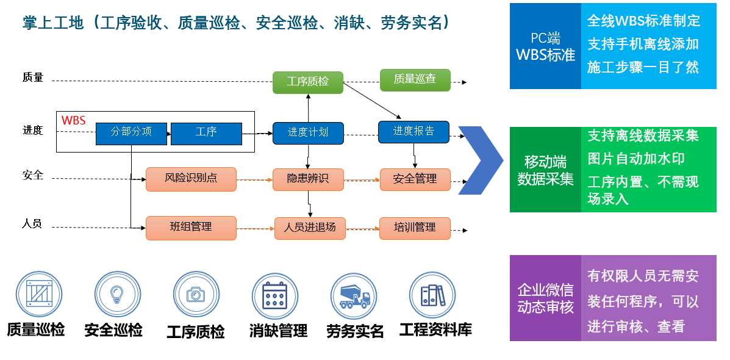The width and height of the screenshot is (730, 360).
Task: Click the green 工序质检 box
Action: click(307, 82)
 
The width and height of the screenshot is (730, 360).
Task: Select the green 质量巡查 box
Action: click(415, 79)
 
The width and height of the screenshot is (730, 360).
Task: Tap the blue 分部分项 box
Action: click(131, 132)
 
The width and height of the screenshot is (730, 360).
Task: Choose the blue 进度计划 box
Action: click(307, 132)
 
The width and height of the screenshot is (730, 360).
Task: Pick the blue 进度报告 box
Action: click(413, 131)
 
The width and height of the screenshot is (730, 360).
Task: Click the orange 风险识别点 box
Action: click(191, 179)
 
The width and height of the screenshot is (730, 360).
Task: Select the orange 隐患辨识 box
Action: click(307, 179)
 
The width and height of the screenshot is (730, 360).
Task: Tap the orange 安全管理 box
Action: click(415, 179)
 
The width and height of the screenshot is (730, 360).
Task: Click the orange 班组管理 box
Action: click(191, 228)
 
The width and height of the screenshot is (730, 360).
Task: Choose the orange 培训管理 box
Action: click(415, 228)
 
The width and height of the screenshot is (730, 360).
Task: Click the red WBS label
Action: click(74, 120)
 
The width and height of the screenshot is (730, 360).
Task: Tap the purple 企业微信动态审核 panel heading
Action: click(545, 298)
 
